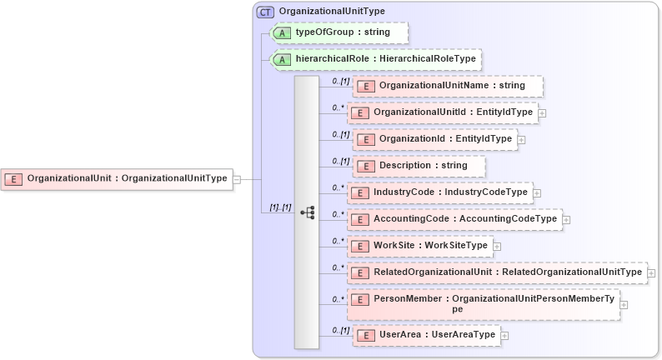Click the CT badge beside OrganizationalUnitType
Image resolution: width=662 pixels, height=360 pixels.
[266, 12]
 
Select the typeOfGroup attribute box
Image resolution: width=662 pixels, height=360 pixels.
[340, 32]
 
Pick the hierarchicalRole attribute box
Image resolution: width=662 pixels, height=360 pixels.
[376, 59]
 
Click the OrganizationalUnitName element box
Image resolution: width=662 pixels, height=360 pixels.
[448, 86]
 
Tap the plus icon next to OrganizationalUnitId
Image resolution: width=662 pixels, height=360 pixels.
[542, 112]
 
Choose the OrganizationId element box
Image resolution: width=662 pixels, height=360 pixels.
[434, 139]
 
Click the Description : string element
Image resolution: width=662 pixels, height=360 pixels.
[419, 166]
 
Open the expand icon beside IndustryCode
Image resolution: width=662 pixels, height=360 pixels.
[537, 192]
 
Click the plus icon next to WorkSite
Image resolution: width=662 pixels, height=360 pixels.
[497, 246]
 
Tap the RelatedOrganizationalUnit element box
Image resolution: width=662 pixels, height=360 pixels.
[498, 272]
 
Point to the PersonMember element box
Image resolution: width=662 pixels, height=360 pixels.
[484, 304]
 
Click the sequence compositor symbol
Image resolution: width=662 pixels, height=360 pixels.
[307, 212]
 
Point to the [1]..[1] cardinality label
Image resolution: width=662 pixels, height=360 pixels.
[280, 207]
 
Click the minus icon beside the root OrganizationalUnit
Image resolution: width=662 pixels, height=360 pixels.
[237, 178]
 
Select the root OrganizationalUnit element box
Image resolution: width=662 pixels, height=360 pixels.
[116, 178]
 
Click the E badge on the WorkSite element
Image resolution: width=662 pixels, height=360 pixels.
[359, 247]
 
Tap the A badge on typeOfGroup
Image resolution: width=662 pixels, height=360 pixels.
[283, 32]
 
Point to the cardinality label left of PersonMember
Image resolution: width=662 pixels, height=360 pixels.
[339, 298]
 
